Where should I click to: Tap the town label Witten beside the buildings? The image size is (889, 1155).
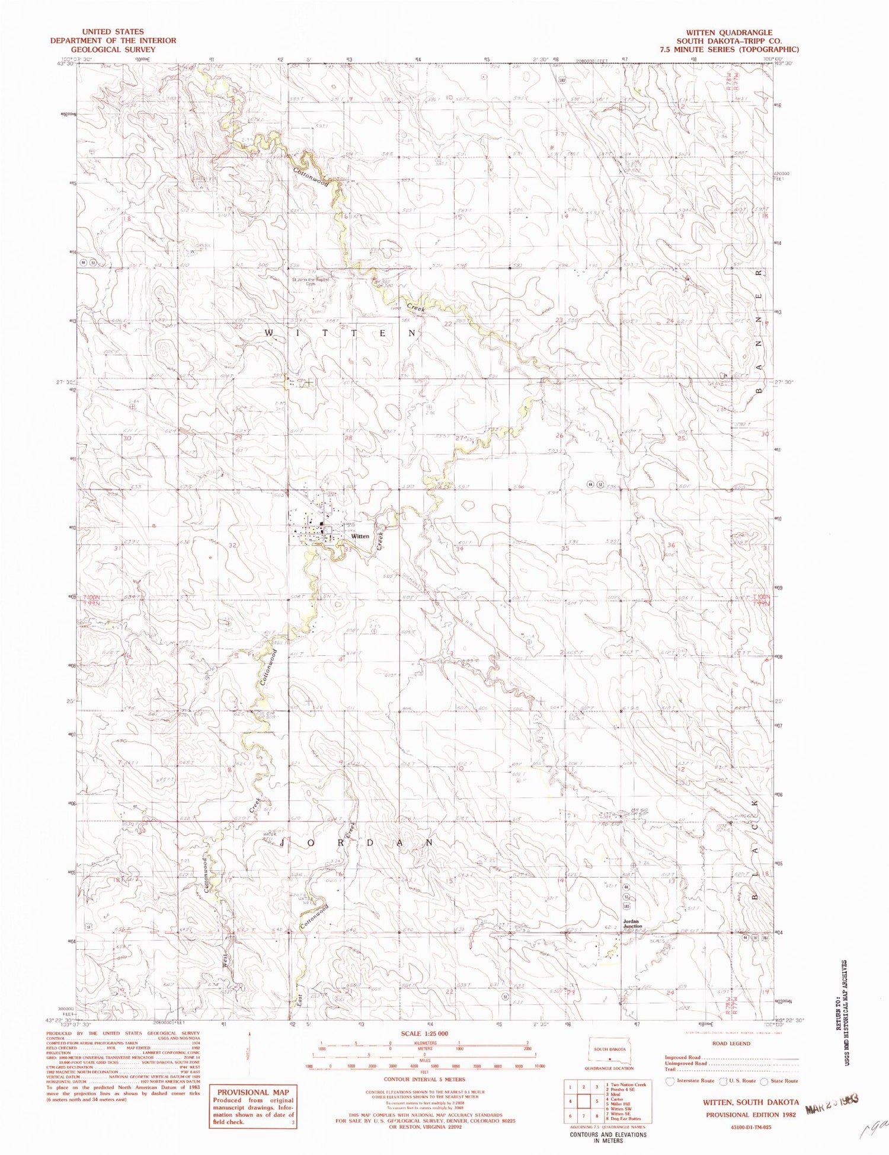[x=360, y=536]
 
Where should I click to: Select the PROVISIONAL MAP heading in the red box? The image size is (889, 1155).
[x=252, y=1092]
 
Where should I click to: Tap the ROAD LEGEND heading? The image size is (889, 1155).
[x=731, y=1043]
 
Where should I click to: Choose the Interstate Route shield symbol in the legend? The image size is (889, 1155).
[x=670, y=1080]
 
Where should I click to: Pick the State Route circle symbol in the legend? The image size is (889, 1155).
[x=764, y=1080]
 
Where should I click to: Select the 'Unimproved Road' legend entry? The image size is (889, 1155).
[x=686, y=1063]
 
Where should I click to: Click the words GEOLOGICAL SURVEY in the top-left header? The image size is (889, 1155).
[x=113, y=49]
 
